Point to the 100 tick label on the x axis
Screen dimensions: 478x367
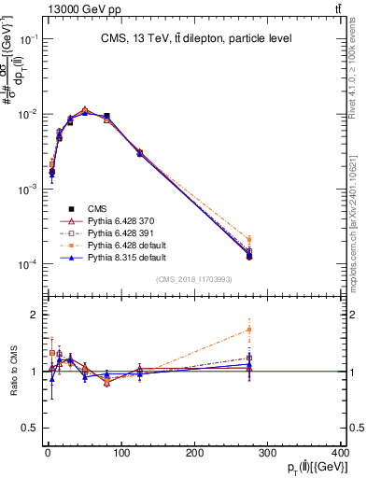(121, 453)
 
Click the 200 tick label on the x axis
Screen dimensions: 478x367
(195, 453)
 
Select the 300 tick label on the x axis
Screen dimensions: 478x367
(268, 453)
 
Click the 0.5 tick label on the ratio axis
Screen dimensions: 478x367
(28, 429)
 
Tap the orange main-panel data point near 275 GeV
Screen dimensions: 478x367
(249, 239)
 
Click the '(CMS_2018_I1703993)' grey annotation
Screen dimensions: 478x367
(193, 279)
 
